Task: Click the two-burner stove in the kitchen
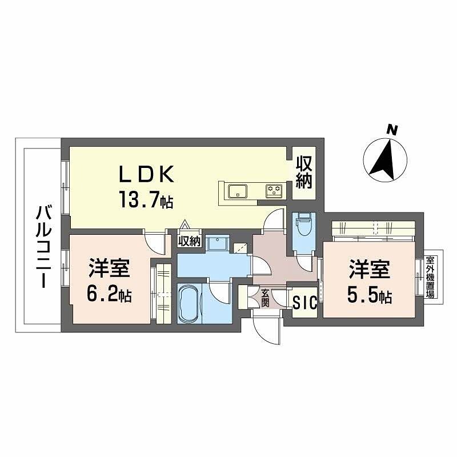pyautogui.click(x=274, y=191)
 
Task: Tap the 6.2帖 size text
pyautogui.click(x=109, y=295)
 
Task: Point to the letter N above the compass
pyautogui.click(x=391, y=130)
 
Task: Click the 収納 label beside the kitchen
pyautogui.click(x=304, y=173)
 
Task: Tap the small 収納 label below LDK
pyautogui.click(x=189, y=241)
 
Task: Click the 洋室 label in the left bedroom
pyautogui.click(x=109, y=268)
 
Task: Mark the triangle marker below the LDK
pyautogui.click(x=185, y=225)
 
